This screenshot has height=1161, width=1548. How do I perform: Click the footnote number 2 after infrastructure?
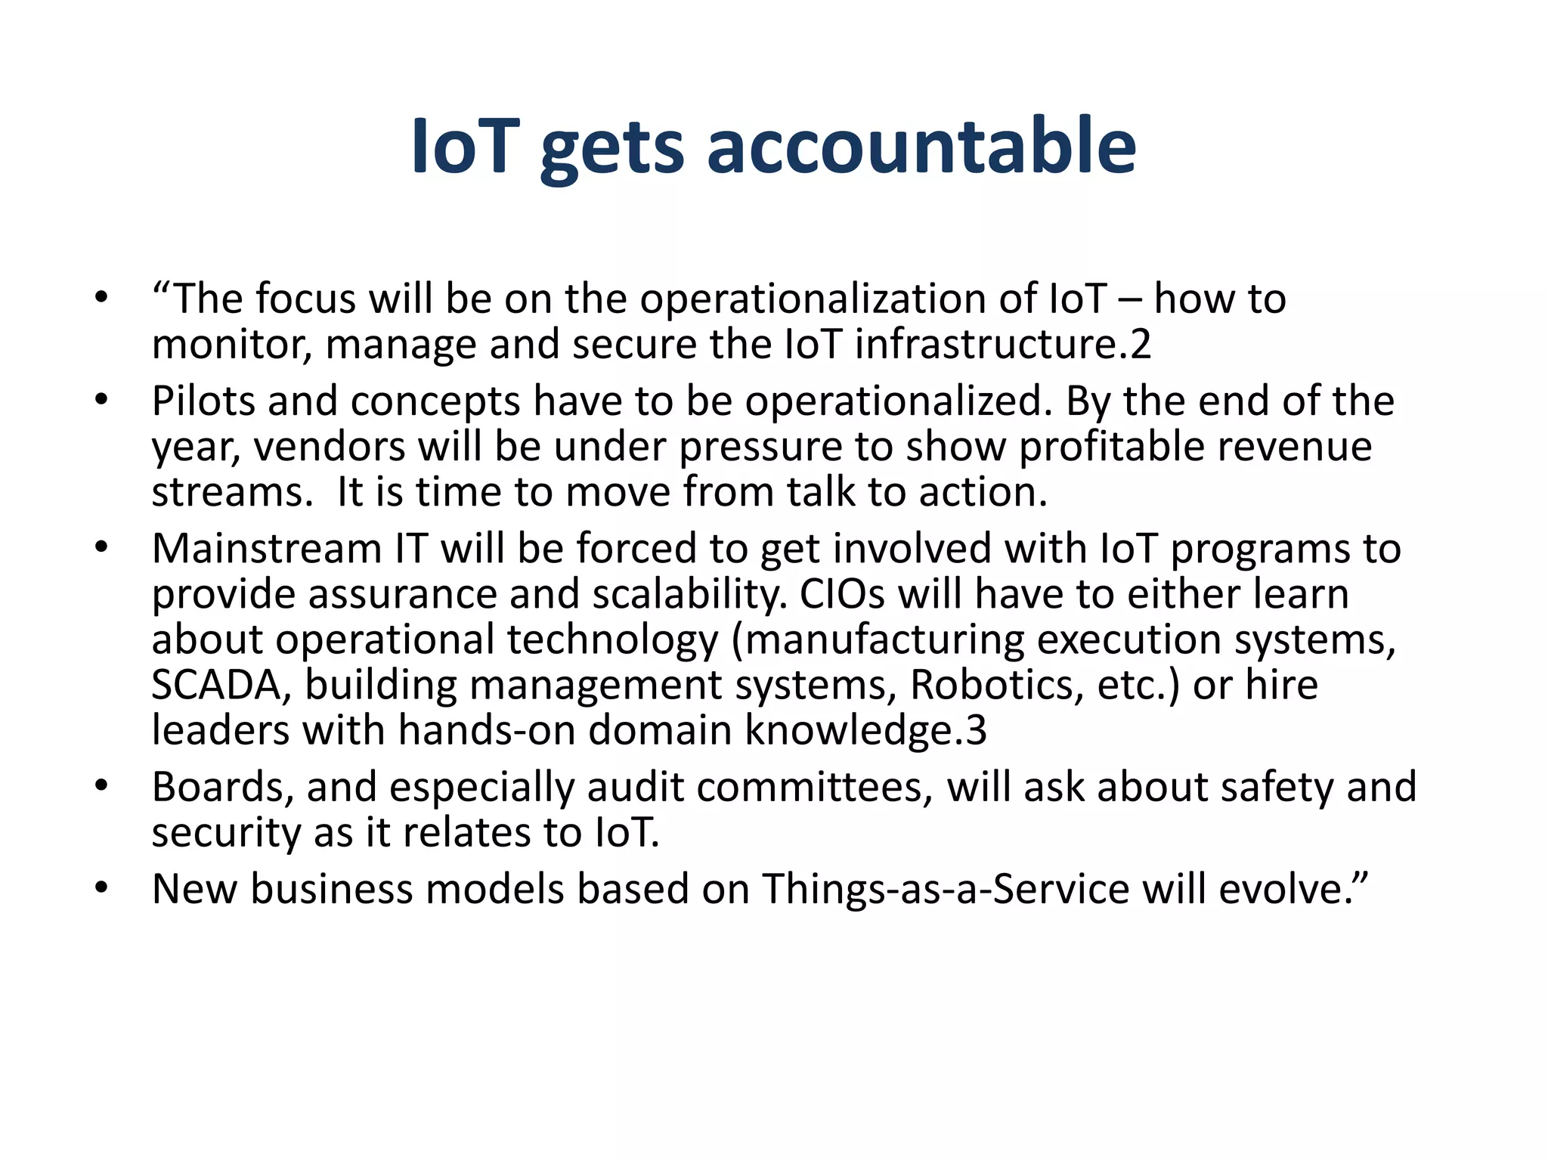point(1140,345)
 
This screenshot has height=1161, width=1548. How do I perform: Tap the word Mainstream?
point(266,549)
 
